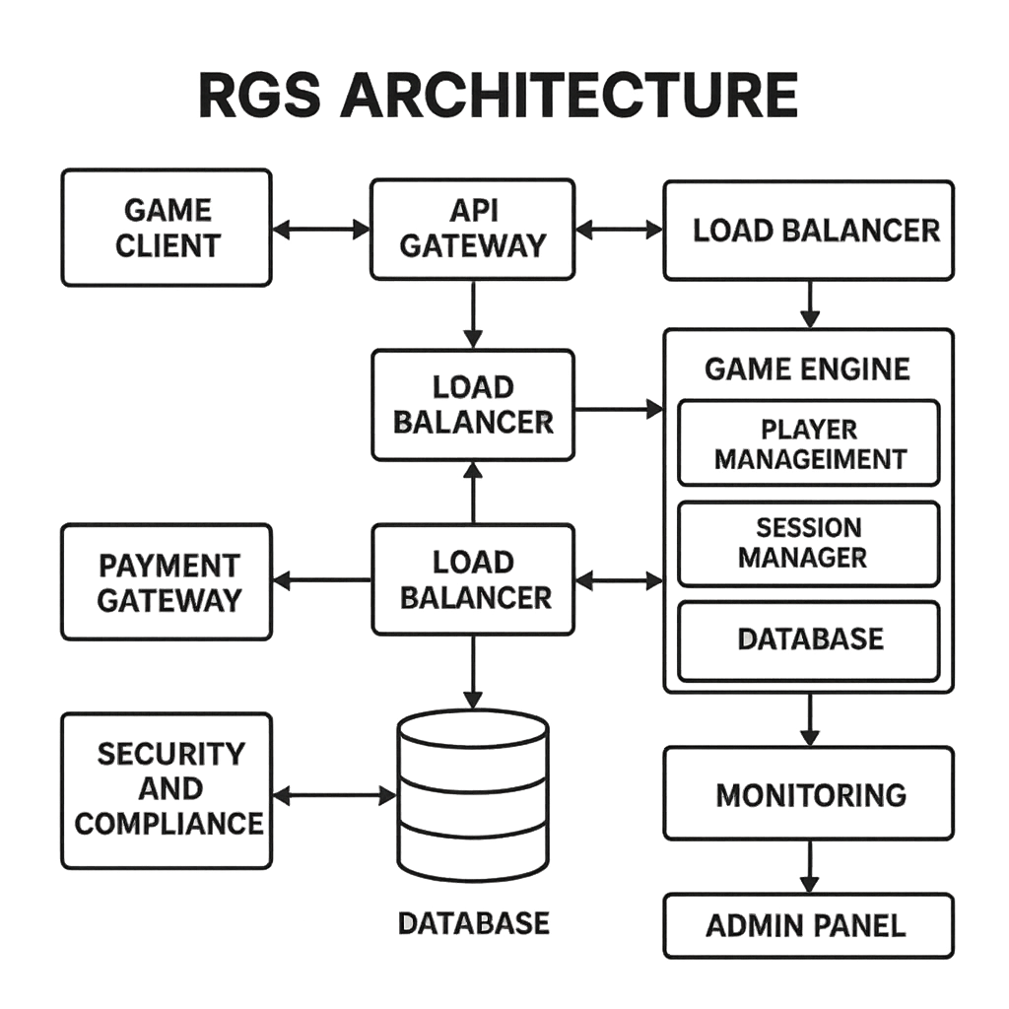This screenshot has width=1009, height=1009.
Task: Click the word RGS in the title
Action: (259, 95)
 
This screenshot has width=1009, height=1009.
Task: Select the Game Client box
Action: (167, 228)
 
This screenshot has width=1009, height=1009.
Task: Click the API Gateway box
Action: (472, 228)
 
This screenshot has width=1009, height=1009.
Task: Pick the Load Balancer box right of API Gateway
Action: (809, 231)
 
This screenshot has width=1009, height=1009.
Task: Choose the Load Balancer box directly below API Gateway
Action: (472, 405)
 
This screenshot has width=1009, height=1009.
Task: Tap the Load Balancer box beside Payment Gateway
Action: (472, 579)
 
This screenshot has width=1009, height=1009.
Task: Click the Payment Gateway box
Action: (167, 582)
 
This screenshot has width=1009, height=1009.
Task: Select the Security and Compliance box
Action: (167, 790)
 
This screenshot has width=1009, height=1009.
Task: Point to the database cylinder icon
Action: (472, 792)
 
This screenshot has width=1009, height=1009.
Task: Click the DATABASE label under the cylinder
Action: (473, 923)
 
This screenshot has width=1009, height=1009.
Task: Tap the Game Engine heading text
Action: (808, 370)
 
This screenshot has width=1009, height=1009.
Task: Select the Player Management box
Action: (809, 442)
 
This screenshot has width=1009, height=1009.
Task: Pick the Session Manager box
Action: (809, 543)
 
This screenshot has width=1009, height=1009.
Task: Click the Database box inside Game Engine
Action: (809, 639)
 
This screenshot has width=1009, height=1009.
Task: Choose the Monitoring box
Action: (809, 794)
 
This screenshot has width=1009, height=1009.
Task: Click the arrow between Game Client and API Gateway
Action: (320, 229)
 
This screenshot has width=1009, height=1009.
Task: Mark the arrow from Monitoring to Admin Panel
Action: (809, 866)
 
